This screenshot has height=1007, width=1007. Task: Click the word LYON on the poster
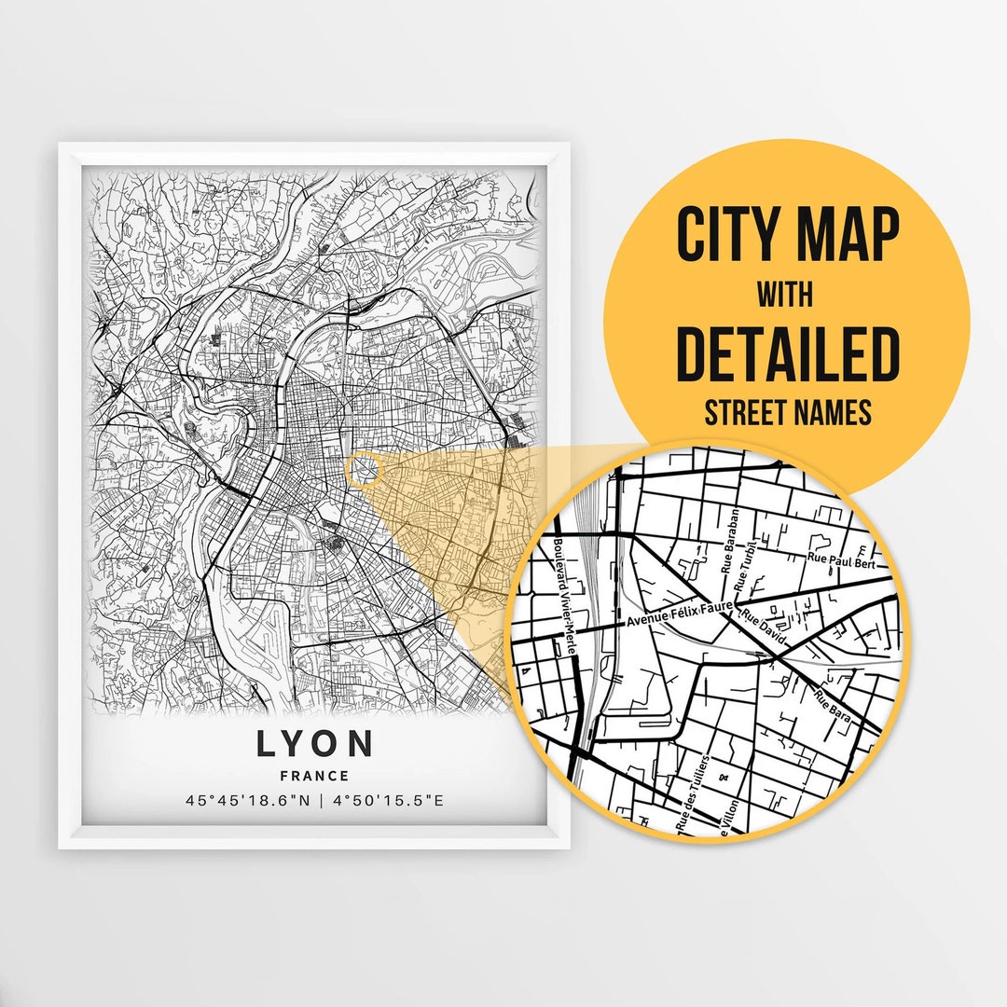(315, 744)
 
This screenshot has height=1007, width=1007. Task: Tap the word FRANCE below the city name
(314, 776)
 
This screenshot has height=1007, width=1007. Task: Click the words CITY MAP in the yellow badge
(788, 236)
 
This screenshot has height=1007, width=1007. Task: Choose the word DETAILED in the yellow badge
(788, 354)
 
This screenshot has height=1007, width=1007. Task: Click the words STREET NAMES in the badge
(788, 413)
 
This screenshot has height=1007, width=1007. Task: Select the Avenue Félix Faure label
(680, 614)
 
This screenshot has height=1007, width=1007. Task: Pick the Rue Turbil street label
(744, 571)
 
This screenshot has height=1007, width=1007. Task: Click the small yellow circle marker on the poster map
(364, 469)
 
